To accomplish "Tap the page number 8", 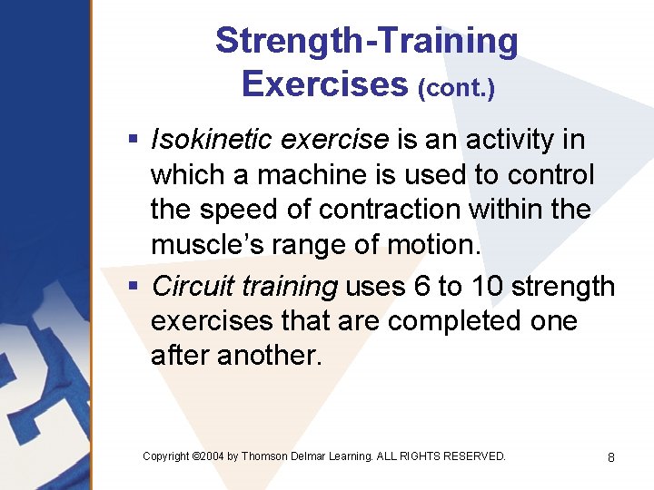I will (611, 457).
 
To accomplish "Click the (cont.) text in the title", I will (456, 89).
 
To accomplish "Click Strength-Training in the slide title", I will (366, 42).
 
